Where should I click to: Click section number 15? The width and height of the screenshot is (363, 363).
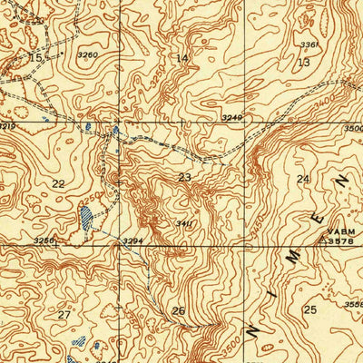click(35, 57)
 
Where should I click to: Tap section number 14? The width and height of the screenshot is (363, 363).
click(182, 58)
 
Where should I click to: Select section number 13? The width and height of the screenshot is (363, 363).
click(302, 62)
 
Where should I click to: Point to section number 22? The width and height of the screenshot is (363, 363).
click(59, 183)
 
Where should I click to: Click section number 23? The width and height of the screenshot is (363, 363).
click(184, 178)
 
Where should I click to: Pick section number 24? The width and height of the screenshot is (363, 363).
click(302, 179)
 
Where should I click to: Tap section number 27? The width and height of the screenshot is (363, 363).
click(64, 315)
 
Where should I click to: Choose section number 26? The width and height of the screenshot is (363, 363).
click(179, 311)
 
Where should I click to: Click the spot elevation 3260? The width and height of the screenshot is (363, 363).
click(87, 55)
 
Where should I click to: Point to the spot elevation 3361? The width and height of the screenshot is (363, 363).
click(310, 44)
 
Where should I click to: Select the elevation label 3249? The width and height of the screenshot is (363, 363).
click(231, 118)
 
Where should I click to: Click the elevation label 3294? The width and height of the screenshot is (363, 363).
click(134, 240)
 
